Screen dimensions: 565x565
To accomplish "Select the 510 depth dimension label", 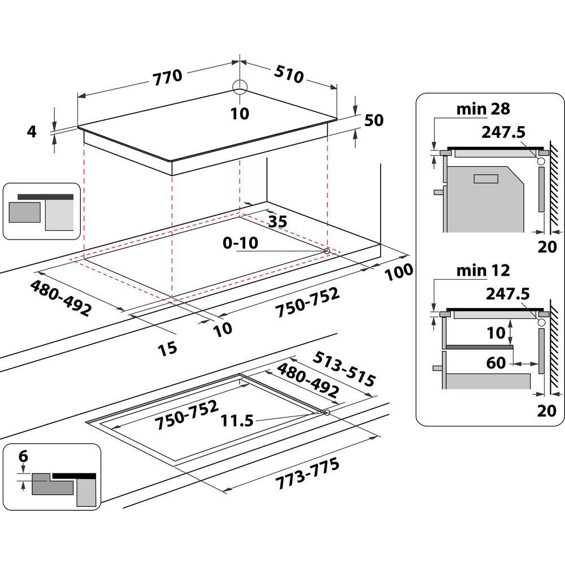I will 289,75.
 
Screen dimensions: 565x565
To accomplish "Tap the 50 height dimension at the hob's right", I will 374,120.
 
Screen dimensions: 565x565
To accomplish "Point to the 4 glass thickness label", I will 32,132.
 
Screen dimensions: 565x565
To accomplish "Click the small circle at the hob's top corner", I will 240,86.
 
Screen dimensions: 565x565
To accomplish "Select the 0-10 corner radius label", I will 240,243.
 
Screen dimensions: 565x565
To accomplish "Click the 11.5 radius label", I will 238,420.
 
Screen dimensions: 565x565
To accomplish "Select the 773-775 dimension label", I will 307,474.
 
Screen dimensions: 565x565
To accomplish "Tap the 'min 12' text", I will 483,270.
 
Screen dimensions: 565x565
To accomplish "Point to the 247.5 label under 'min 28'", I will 504,132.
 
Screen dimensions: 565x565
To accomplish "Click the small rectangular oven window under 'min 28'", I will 485,179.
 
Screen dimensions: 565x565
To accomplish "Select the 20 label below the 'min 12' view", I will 546,411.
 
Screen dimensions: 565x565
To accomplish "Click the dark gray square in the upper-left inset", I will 25,215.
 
